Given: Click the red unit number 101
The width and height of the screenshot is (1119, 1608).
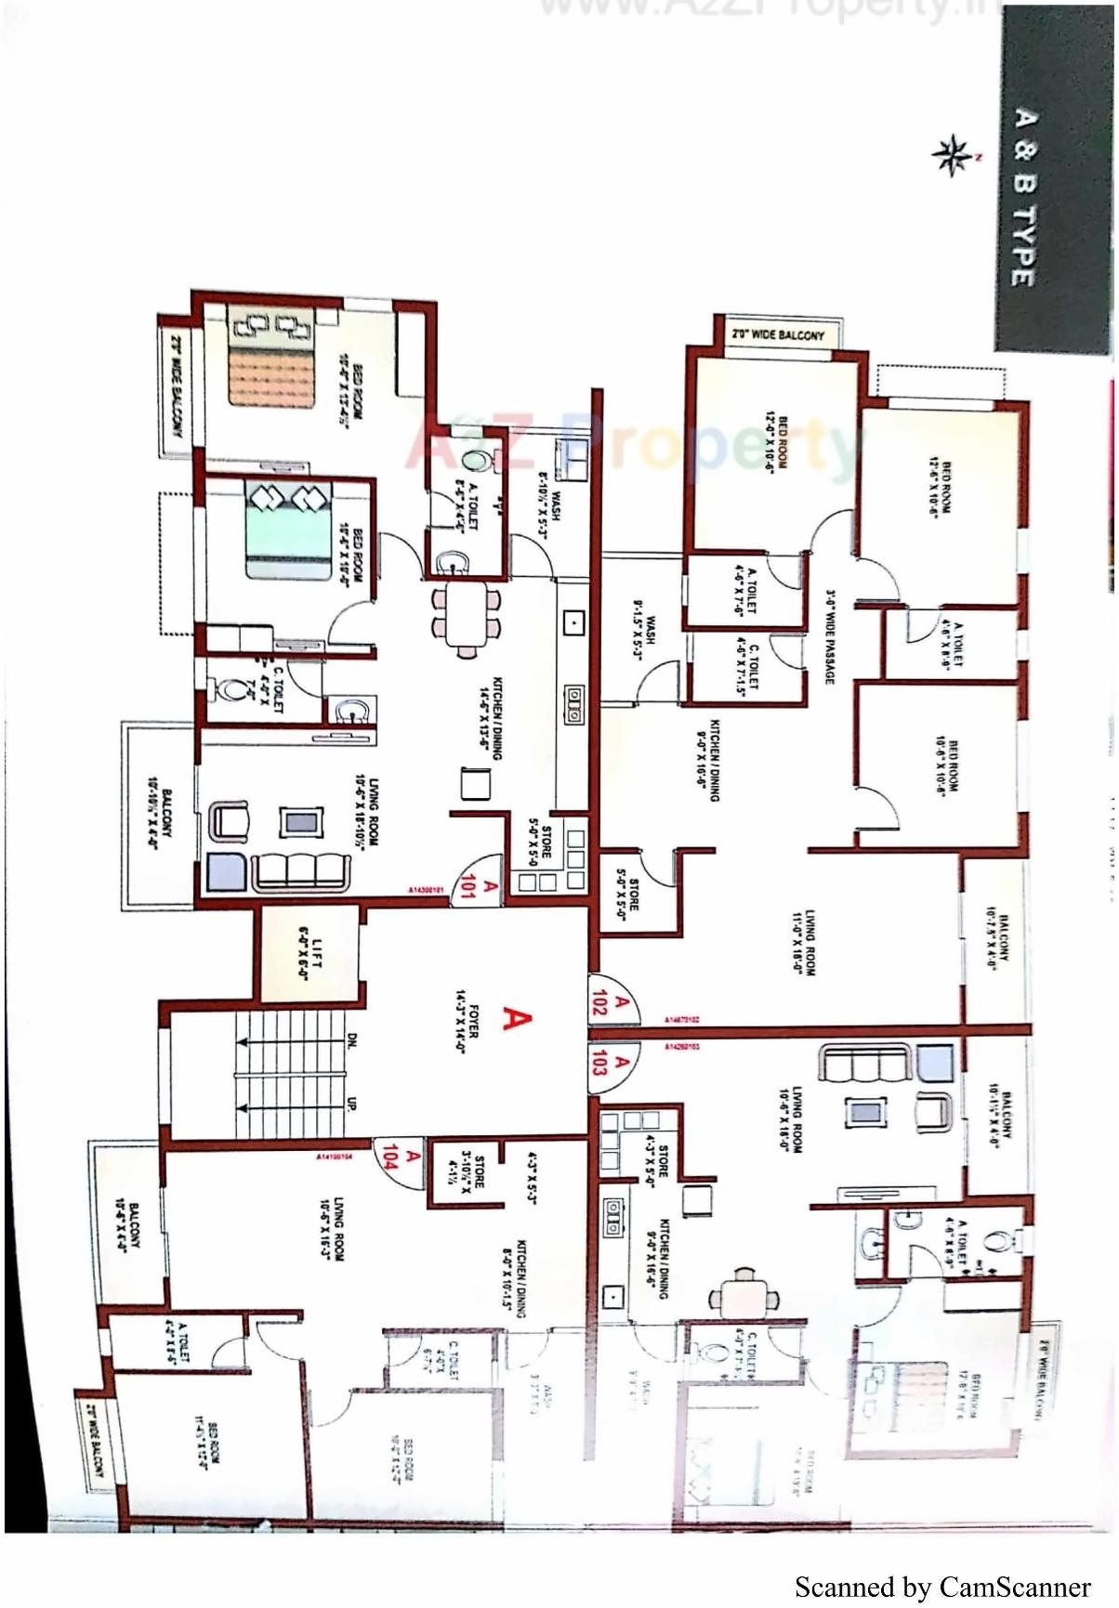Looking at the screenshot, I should click(467, 887).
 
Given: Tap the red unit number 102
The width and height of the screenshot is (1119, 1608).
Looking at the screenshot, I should click(599, 1000).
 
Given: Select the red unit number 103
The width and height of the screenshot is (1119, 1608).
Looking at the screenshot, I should click(599, 1062).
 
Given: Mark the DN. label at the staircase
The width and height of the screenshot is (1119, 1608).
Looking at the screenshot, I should click(352, 1039).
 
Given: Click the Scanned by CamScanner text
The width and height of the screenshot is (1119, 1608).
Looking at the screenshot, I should click(941, 1587).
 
